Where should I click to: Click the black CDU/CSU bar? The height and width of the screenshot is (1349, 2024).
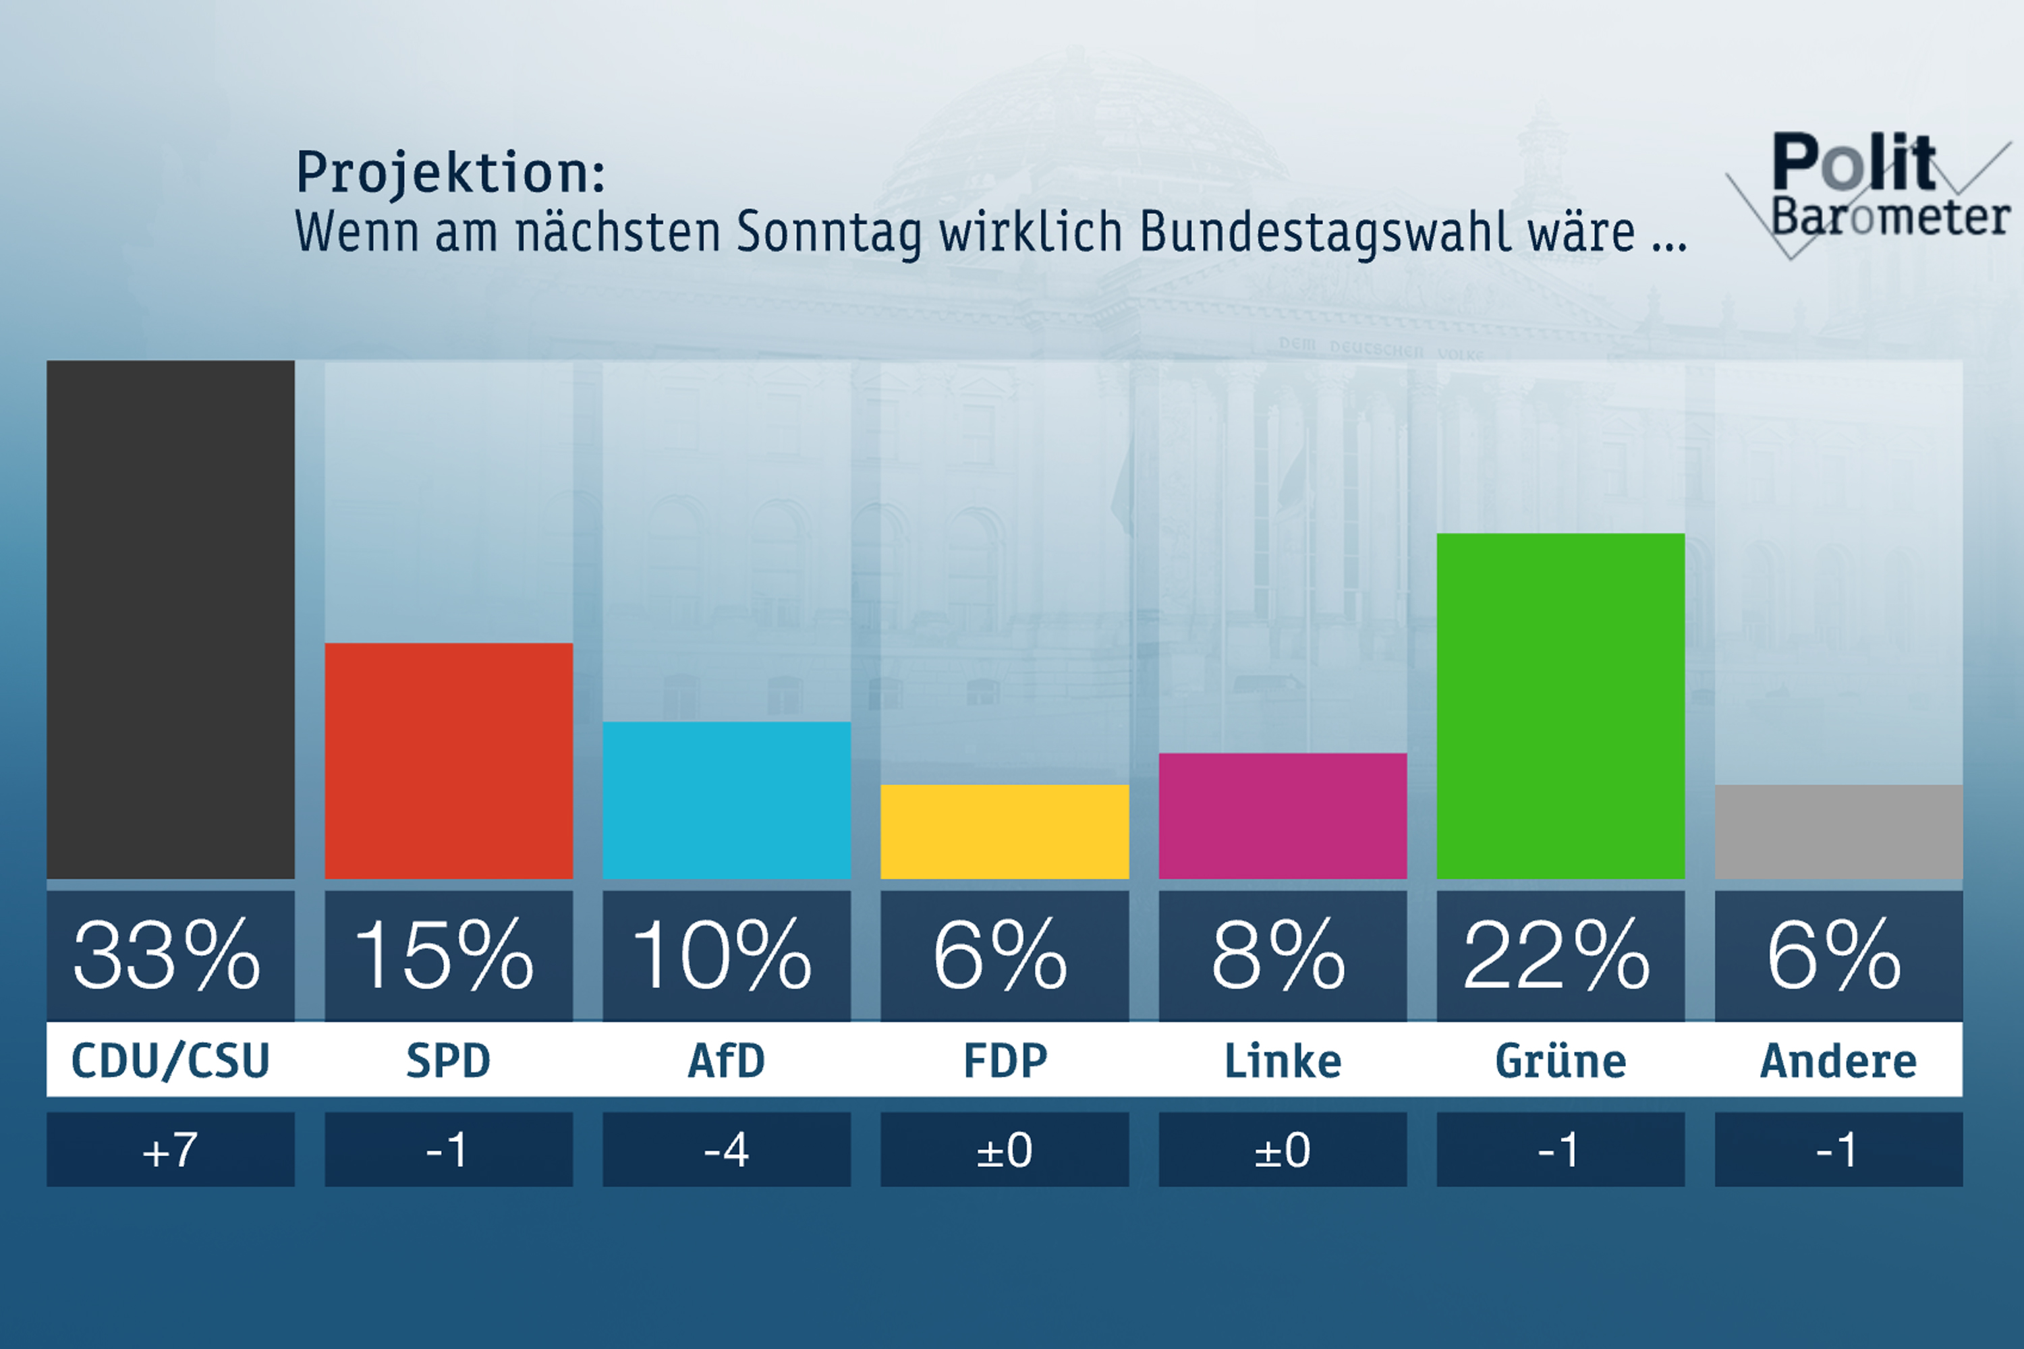[x=171, y=619]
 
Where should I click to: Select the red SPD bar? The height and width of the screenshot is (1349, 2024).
[x=449, y=761]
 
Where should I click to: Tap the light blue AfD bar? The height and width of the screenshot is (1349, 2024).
[x=727, y=800]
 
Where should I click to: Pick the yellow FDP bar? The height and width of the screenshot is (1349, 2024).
[x=1005, y=831]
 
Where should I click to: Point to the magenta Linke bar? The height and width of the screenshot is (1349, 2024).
[x=1283, y=815]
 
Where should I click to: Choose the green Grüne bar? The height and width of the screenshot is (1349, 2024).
[x=1560, y=706]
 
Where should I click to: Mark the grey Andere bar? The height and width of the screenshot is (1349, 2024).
[x=1838, y=831]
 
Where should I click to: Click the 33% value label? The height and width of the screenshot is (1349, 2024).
[x=168, y=955]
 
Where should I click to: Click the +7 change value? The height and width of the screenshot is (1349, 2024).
[x=171, y=1150]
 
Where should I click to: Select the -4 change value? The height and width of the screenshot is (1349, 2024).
[x=727, y=1150]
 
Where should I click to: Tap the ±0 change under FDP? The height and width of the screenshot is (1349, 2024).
[x=1005, y=1150]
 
